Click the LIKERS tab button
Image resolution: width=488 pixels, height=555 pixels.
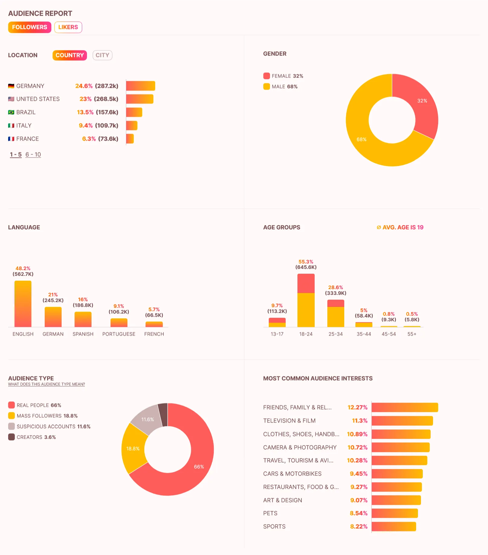click(68, 27)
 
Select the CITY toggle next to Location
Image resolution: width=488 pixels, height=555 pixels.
click(102, 55)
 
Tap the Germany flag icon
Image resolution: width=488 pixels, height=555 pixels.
click(11, 86)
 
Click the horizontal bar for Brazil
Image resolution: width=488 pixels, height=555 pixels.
click(134, 112)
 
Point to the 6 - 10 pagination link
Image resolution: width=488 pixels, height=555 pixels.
click(33, 155)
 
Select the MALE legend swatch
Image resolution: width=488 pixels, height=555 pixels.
click(266, 87)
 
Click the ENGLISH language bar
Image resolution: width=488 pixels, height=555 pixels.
click(23, 304)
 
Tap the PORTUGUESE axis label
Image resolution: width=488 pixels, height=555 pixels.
click(119, 334)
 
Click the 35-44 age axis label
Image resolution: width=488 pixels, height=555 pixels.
click(364, 334)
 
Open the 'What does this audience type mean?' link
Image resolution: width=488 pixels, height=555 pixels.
click(47, 384)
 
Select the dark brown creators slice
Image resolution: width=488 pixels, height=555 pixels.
click(163, 414)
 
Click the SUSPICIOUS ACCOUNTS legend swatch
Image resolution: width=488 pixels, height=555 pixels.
click(11, 426)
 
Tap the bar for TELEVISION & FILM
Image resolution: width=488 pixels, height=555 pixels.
click(402, 421)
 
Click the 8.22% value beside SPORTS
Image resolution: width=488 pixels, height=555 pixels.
click(359, 527)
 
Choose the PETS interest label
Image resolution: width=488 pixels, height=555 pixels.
click(270, 513)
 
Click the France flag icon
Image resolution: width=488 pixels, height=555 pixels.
click(11, 139)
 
